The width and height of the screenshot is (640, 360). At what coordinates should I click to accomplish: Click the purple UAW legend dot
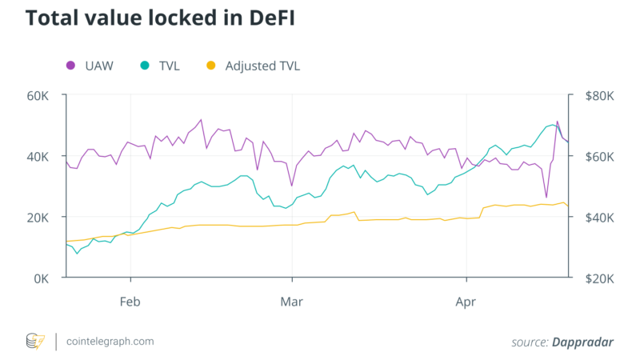tap(70, 66)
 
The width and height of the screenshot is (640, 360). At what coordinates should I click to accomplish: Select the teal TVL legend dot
tap(144, 66)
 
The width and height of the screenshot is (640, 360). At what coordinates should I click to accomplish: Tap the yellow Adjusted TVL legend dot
tap(211, 66)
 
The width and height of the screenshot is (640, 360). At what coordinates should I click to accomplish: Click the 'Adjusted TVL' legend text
tap(262, 66)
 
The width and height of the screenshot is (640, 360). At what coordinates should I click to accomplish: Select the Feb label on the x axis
tap(130, 302)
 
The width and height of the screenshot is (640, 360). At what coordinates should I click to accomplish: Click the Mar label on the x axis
tap(293, 302)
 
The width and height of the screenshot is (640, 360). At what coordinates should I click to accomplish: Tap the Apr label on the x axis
tap(466, 302)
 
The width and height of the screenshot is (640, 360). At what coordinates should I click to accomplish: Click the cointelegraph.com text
tap(110, 342)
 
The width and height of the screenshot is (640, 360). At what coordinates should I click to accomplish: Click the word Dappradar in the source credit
tap(582, 342)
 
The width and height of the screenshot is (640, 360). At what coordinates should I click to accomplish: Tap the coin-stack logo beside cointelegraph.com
tap(36, 342)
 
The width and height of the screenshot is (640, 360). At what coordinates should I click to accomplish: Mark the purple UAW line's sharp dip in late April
tap(546, 197)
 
